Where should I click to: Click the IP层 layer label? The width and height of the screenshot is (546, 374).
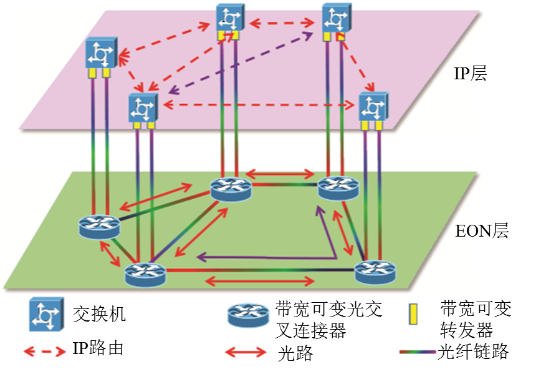pos(470,75)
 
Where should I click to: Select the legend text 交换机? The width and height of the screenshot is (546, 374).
pos(99,313)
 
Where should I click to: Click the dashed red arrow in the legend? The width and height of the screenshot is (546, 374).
pos(44,350)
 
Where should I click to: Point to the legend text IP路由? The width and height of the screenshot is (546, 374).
pos(98,348)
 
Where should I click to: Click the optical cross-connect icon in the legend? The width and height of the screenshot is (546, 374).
pos(248,315)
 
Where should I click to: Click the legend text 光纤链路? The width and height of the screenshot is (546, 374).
pos(473,352)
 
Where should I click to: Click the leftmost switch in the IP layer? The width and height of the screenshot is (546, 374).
pos(100,54)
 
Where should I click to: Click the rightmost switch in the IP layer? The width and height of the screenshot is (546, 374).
pos(373,107)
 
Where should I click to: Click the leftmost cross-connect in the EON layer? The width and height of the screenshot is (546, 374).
pos(99,225)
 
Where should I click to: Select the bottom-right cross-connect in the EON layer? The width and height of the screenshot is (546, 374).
pos(375,272)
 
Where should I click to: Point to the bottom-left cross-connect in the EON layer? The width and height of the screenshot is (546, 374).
pos(145,273)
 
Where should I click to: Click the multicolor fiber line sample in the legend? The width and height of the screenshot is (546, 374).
pos(417,352)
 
